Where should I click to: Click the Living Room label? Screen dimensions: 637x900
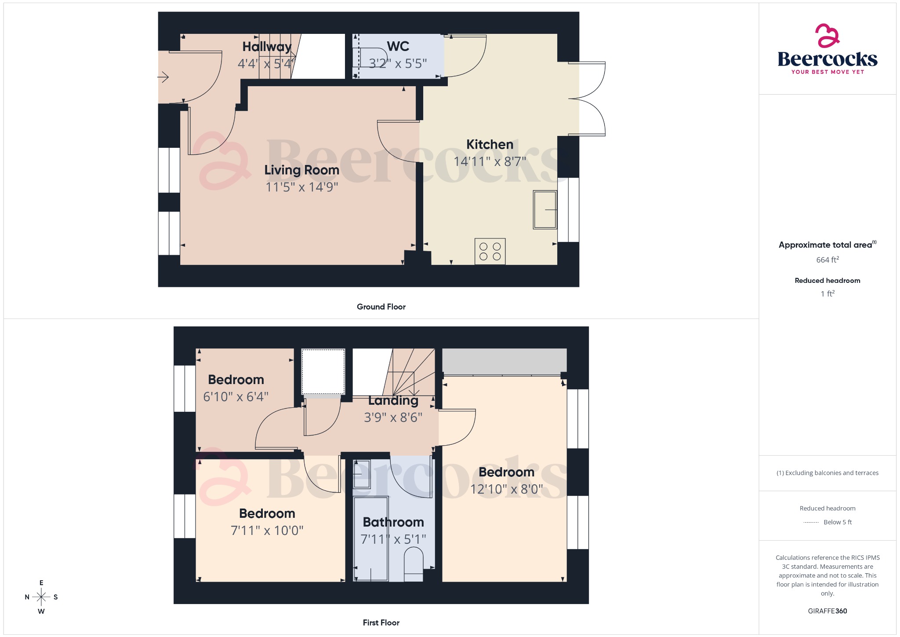301,170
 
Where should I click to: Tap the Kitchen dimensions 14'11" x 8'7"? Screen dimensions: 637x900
490,162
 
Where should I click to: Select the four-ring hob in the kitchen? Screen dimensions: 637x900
490,252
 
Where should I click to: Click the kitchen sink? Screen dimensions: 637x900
545,209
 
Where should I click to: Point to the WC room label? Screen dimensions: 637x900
398,47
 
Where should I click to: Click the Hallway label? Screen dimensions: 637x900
267,47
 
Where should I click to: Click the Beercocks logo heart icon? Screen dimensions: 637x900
827,36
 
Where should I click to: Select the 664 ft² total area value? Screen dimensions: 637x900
827,260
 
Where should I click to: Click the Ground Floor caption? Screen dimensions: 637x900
381,307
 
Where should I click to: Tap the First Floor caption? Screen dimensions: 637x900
381,622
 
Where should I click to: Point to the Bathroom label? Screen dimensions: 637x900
393,522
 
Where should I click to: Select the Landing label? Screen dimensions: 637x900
393,401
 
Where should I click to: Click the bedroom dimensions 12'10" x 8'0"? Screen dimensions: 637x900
506,489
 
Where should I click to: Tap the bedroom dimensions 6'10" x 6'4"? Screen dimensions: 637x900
236,397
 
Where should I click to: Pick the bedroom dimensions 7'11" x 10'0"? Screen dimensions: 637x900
267,531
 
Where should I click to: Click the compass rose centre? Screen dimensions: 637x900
41,597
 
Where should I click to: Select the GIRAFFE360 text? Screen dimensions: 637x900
827,611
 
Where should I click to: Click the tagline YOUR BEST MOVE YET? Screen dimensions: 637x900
827,72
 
